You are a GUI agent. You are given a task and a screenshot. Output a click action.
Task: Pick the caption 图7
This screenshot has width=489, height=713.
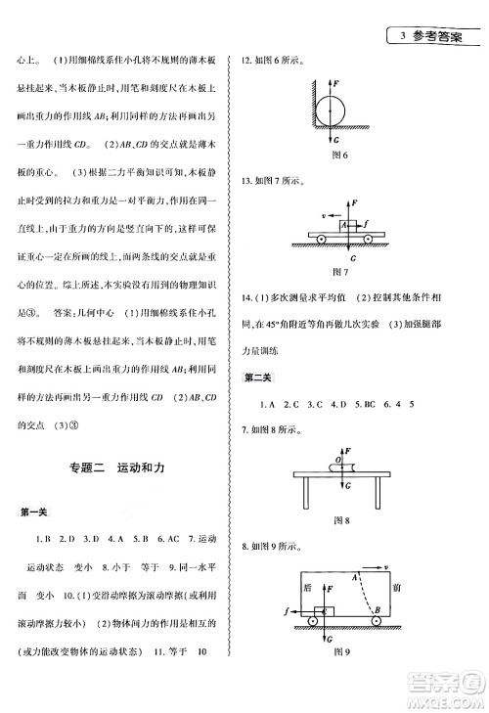coord(341,271)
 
